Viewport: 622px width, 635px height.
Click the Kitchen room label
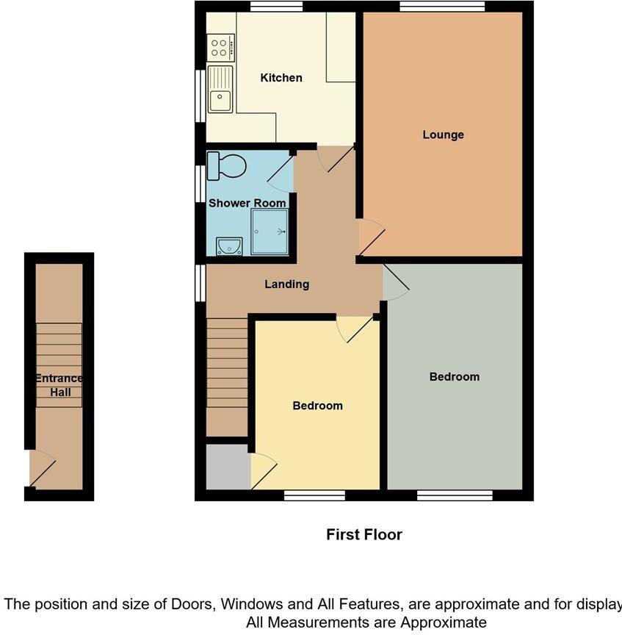[281, 78]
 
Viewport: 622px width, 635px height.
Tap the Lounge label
[443, 134]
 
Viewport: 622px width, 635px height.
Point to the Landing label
[286, 284]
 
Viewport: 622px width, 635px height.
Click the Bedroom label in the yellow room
[317, 406]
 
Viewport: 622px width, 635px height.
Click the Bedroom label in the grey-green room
[454, 376]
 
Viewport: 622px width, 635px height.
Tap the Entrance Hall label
[60, 385]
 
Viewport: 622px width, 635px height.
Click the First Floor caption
[364, 534]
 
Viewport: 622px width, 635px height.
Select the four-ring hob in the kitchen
[220, 48]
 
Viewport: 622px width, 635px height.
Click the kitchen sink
[220, 90]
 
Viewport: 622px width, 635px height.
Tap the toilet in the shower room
[225, 165]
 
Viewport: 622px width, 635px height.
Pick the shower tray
[270, 231]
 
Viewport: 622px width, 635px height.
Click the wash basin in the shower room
[228, 246]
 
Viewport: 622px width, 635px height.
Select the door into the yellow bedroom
[355, 329]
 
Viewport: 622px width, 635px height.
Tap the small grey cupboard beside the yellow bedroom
[228, 467]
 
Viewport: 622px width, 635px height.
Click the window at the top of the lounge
[442, 7]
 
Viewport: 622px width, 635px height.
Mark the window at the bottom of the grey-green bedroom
[455, 495]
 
